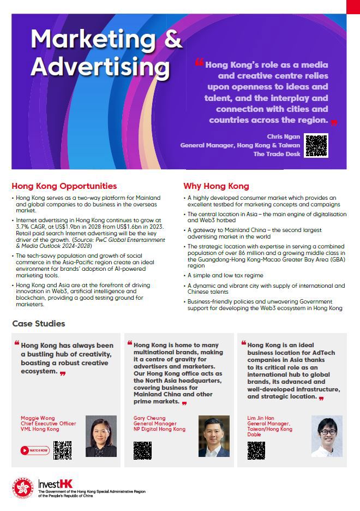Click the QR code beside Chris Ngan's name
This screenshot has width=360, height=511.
pos(316,146)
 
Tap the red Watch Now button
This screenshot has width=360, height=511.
pos(35,450)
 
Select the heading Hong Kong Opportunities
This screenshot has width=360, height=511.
pos(64,186)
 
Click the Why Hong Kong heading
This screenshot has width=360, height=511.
pos(216,186)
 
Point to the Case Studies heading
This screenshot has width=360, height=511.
pos(39,324)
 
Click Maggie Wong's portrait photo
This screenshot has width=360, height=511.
pos(101,436)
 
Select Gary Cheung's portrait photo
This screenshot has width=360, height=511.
pos(214,436)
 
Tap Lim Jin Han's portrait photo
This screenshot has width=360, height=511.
pos(327,436)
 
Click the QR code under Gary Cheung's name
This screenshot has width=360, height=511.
pos(142,450)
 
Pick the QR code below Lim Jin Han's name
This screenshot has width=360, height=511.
pos(256,450)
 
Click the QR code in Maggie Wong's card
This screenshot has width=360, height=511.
pos(63,450)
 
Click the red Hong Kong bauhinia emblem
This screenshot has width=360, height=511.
pos(23,488)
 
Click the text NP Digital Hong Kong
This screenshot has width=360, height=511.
pos(159,429)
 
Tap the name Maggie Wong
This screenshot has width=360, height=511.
pos(38,418)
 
